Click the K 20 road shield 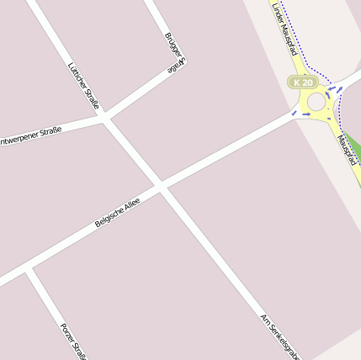[x=304, y=82]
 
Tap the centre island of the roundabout [x=316, y=102]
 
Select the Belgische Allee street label [x=117, y=210]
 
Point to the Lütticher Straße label [x=83, y=86]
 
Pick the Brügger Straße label [x=175, y=53]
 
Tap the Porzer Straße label [x=74, y=339]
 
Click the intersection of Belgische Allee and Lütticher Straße [x=160, y=186]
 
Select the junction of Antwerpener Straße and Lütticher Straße [x=104, y=119]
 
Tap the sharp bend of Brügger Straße [x=180, y=65]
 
